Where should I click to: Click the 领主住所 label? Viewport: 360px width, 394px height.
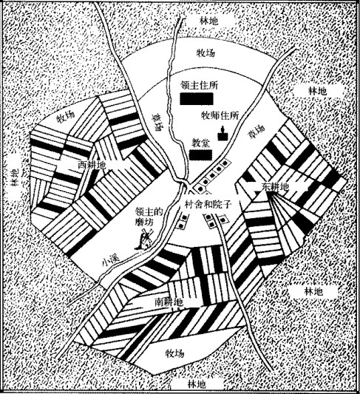(x=199, y=86)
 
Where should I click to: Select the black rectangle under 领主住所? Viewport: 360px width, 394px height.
(x=197, y=98)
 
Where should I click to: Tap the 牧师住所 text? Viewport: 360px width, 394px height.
(x=220, y=115)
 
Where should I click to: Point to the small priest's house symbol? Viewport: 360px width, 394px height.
(x=223, y=133)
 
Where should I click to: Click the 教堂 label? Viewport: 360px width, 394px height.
(x=200, y=143)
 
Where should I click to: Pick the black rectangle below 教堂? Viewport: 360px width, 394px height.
(x=200, y=155)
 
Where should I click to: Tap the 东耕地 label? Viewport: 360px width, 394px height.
(x=275, y=187)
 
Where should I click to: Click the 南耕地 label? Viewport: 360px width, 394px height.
(x=169, y=302)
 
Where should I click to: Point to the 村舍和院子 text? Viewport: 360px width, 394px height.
(x=208, y=205)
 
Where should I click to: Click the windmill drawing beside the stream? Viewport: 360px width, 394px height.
(x=144, y=240)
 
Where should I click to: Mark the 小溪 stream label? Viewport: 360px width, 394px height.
(x=111, y=261)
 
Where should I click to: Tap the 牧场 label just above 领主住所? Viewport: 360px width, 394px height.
(x=206, y=53)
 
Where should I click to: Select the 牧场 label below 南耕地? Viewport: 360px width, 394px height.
(x=175, y=353)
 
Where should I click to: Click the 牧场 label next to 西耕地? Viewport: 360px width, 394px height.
(x=65, y=116)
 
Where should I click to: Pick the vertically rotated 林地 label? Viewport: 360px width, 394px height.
(x=15, y=177)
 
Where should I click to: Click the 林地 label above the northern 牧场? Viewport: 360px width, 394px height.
(x=209, y=21)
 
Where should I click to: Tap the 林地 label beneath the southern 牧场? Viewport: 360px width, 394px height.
(x=197, y=384)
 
